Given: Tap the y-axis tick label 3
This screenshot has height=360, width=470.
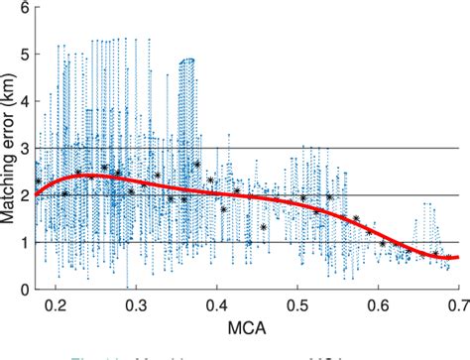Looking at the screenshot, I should [23, 149].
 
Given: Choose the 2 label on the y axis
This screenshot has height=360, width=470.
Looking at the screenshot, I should [23, 195].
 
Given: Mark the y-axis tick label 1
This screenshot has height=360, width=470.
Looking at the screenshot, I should [23, 243].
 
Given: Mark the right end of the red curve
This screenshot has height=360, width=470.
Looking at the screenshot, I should [459, 257].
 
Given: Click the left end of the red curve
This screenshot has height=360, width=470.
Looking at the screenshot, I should [37, 195].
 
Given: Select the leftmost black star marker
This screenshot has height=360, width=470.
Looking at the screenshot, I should [39, 181].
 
